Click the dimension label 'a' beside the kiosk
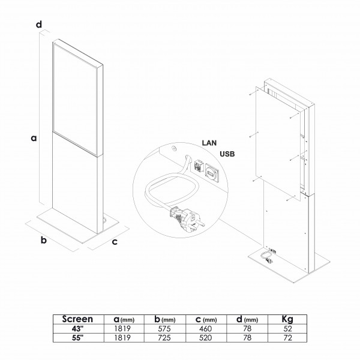34,138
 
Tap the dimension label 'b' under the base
44,240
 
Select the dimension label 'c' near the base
115,242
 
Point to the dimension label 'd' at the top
39,24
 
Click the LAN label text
209,143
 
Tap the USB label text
227,154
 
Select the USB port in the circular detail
212,173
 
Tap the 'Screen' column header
77,319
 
